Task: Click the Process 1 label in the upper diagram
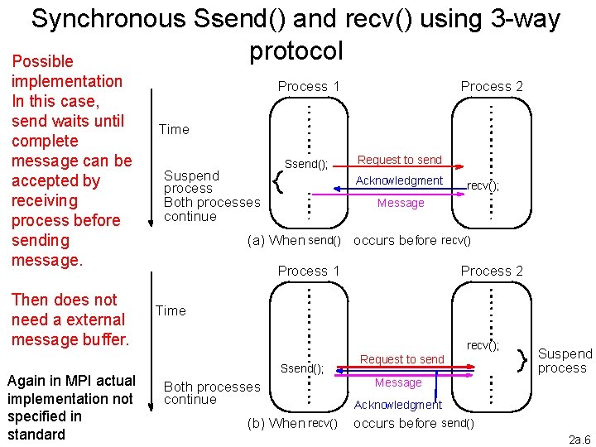click(309, 86)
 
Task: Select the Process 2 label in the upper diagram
click(492, 86)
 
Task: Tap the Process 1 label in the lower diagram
click(309, 271)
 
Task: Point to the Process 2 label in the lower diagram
click(492, 271)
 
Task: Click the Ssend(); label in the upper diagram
click(306, 164)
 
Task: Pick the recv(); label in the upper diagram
click(483, 186)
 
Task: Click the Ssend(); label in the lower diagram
click(302, 369)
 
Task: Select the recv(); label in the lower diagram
click(483, 345)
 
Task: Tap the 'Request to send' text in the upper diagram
click(400, 160)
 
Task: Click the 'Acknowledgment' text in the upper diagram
click(399, 180)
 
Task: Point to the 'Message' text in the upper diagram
click(401, 203)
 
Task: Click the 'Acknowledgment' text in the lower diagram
click(398, 405)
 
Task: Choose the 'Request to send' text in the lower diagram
click(402, 359)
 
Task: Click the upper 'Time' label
click(174, 129)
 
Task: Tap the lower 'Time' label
click(171, 310)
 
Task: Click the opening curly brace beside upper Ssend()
click(279, 179)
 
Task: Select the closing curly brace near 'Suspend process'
click(521, 359)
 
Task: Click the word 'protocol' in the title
click(296, 51)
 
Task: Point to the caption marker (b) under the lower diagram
click(257, 424)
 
